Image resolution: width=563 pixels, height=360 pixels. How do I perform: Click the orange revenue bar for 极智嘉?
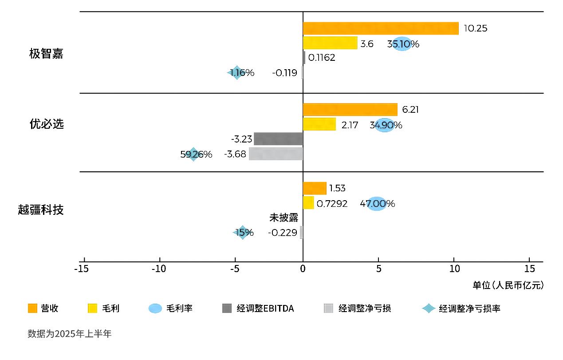(380, 28)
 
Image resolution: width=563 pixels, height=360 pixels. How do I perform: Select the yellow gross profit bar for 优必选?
(319, 124)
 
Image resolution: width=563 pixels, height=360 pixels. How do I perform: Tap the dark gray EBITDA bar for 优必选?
(278, 139)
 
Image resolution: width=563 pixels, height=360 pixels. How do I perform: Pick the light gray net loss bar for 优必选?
(276, 154)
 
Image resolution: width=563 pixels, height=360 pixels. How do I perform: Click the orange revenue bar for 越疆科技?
(314, 188)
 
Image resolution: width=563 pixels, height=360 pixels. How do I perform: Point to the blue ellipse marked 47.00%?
(376, 204)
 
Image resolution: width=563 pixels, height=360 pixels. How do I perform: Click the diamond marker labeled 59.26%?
(193, 154)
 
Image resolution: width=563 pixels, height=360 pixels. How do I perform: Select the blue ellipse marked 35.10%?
(402, 44)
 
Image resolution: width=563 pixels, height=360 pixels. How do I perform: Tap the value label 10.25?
(475, 28)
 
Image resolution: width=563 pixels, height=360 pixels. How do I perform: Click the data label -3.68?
(235, 154)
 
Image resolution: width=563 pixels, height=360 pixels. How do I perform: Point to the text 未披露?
(283, 218)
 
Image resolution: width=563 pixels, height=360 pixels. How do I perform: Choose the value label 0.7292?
(332, 204)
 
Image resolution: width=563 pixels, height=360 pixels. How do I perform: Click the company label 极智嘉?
(46, 54)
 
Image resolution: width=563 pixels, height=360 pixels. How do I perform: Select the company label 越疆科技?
(41, 210)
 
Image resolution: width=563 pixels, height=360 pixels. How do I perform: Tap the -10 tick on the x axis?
(159, 269)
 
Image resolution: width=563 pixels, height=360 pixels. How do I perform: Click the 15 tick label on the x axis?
(530, 269)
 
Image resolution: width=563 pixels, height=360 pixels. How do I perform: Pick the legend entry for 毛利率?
(170, 309)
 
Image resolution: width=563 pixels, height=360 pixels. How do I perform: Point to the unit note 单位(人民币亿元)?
(508, 285)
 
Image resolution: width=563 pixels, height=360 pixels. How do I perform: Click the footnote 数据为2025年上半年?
(70, 334)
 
